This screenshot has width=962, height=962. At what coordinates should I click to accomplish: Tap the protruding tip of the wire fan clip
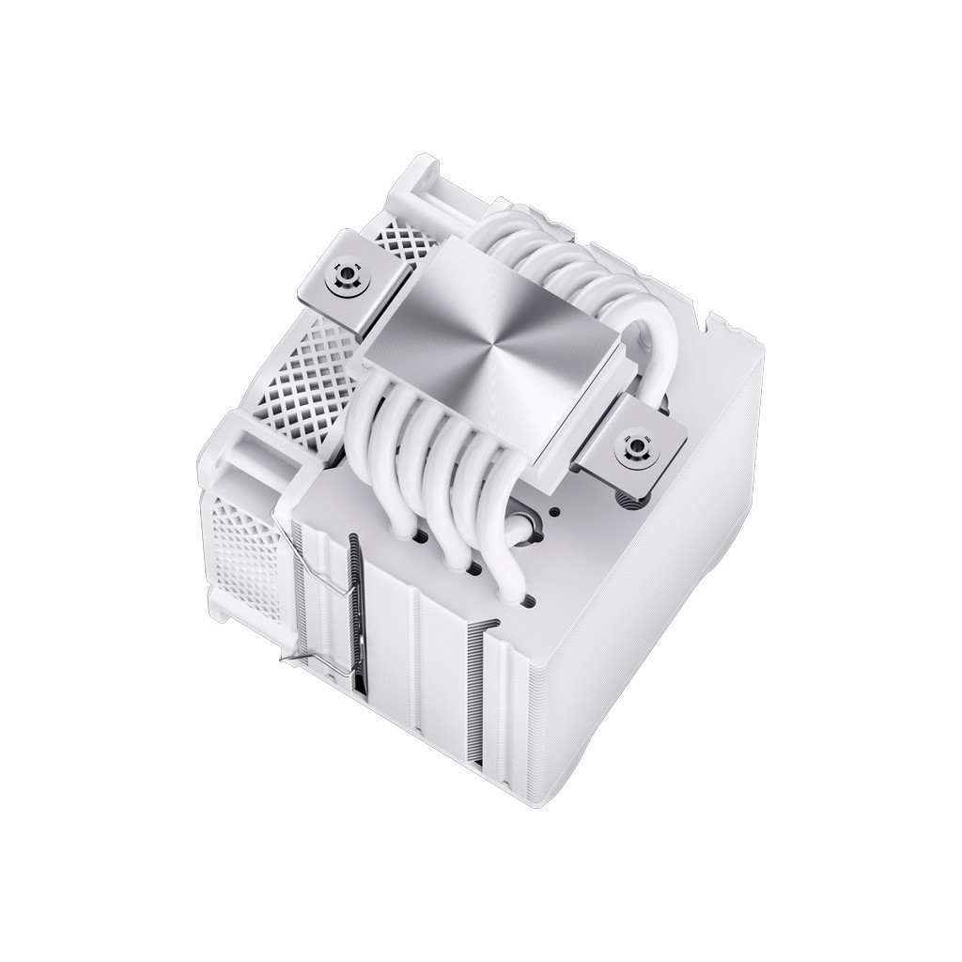284,661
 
